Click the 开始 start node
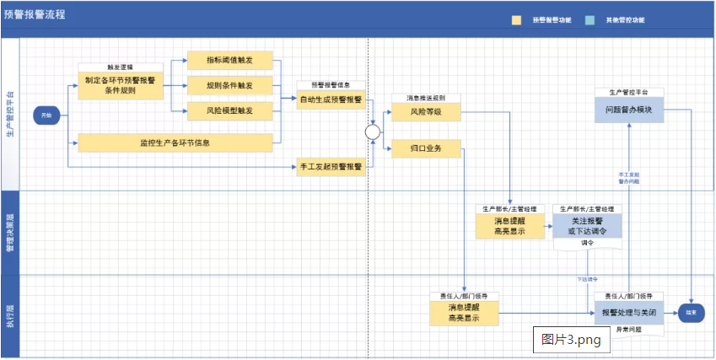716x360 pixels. [x=46, y=113]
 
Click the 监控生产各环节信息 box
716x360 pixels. [x=175, y=142]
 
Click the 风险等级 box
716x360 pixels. [x=426, y=111]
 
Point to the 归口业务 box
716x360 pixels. [x=426, y=149]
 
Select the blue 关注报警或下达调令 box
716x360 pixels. [x=587, y=226]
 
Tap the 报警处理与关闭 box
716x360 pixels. [x=628, y=312]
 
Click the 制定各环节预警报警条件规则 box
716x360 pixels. [x=121, y=85]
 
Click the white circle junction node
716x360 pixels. [x=372, y=132]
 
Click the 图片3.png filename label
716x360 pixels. [x=570, y=340]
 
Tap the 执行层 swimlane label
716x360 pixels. [x=9, y=317]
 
